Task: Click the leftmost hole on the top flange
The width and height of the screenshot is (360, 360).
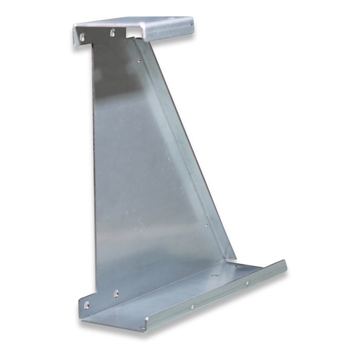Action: pyautogui.click(x=81, y=36)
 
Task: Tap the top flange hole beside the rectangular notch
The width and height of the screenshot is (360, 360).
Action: pyautogui.click(x=113, y=32)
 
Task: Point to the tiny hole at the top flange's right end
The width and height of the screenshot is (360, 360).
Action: pyautogui.click(x=191, y=23)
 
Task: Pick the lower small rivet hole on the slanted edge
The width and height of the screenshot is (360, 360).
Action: pyautogui.click(x=207, y=225)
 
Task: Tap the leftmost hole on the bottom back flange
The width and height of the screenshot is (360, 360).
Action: pyautogui.click(x=86, y=305)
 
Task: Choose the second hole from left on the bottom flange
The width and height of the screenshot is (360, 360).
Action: pyautogui.click(x=116, y=294)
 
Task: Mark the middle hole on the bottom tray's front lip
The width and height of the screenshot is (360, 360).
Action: pyautogui.click(x=192, y=307)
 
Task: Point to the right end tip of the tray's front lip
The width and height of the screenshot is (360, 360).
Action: pyautogui.click(x=285, y=263)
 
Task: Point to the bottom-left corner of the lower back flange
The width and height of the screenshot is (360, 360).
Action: pyautogui.click(x=81, y=315)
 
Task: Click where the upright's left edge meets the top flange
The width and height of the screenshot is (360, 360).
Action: pyautogui.click(x=92, y=44)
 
